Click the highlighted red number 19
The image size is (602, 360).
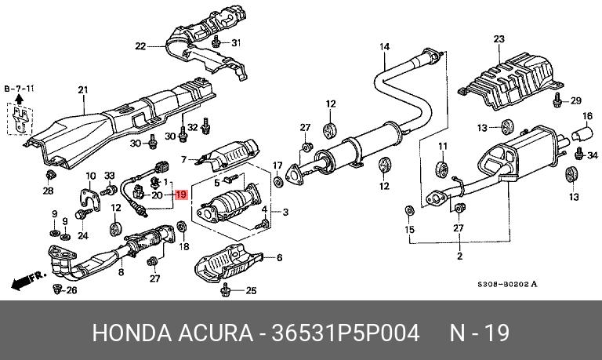click(x=181, y=195)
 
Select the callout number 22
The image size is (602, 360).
click(x=140, y=46)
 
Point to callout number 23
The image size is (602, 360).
click(x=499, y=39)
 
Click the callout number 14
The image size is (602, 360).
click(x=385, y=47)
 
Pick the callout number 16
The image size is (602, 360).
click(x=585, y=117)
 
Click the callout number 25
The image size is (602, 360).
click(x=251, y=292)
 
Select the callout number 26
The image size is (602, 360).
click(x=72, y=292)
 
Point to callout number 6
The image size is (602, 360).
click(x=279, y=257)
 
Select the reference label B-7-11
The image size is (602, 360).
click(x=20, y=89)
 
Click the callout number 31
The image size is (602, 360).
click(x=236, y=42)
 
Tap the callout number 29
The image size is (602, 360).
click(x=575, y=100)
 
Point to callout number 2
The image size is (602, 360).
click(x=459, y=256)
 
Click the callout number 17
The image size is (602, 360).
click(x=277, y=165)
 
